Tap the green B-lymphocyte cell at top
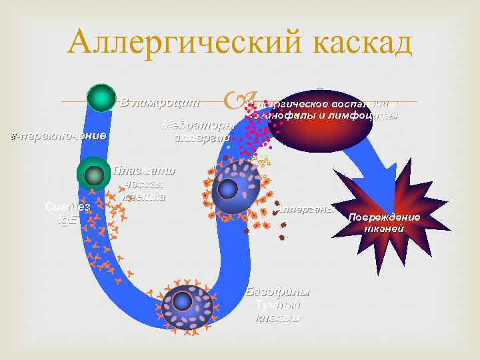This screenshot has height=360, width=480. tap(101, 99)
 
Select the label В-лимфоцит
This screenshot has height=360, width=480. tap(159, 102)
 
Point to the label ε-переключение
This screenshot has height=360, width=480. tap(55, 137)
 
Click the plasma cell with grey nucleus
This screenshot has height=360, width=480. tap(94, 175)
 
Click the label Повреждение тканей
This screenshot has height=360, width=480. tap(393, 223)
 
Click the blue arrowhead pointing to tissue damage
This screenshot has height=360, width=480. tap(377, 177)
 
